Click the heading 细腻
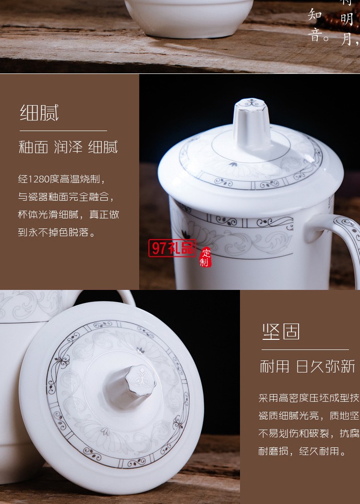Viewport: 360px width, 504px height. coord(39,113)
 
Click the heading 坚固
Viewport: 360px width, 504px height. coord(281,332)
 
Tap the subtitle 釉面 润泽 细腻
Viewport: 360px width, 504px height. coord(68,147)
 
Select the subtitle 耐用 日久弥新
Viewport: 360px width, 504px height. coord(307,366)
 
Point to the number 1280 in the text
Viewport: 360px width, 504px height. coord(44,180)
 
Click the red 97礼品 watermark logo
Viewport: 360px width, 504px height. coord(172,248)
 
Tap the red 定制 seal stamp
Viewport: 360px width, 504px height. coord(205,257)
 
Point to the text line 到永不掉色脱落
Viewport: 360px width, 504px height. coord(57,233)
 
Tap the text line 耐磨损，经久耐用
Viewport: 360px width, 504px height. coord(302,451)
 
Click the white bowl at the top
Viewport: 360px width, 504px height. coord(188,17)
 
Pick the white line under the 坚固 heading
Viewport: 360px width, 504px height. coord(305,349)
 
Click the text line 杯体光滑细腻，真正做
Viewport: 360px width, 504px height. coord(69,215)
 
